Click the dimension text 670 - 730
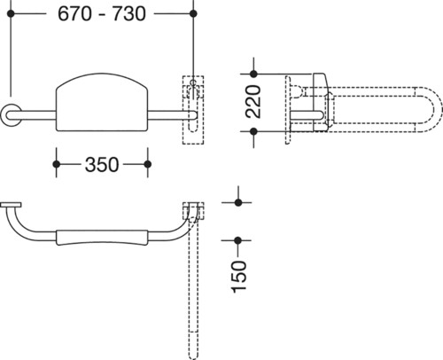click(102, 13)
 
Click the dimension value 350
click(102, 164)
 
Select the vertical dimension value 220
click(253, 102)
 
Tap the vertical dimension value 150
click(238, 277)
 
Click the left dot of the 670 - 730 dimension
click(11, 13)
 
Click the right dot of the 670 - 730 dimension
click(193, 13)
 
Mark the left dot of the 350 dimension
click(57, 164)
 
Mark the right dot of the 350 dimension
click(148, 164)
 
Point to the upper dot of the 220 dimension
click(253, 74)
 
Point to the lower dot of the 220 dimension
click(253, 131)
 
